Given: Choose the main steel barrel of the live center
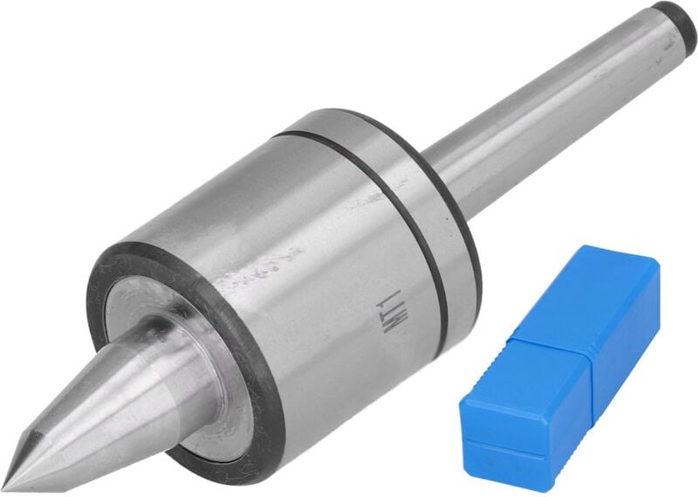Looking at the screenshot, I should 297,262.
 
